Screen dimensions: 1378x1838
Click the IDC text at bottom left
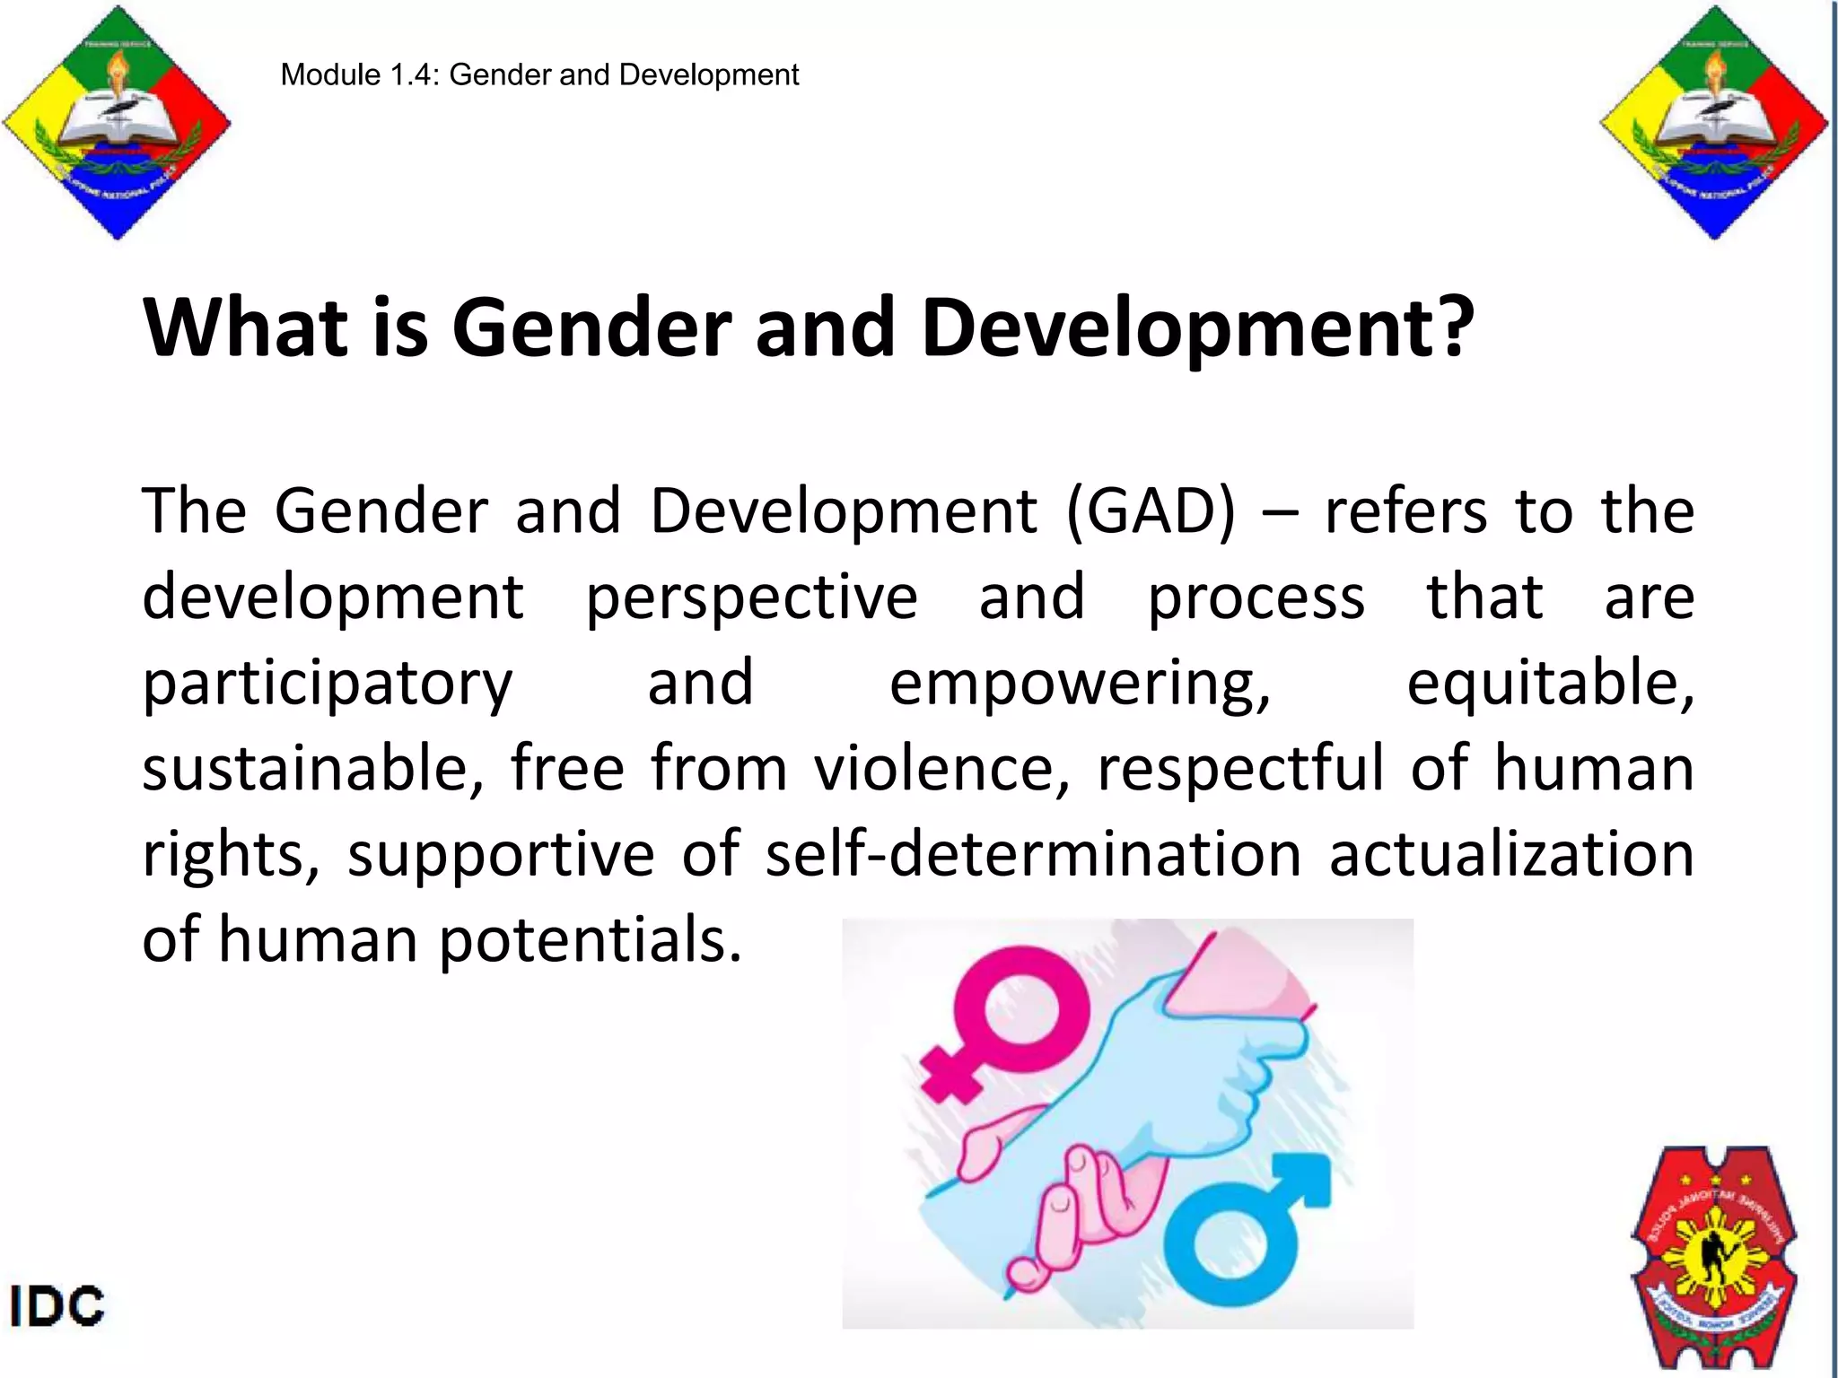pyautogui.click(x=57, y=1306)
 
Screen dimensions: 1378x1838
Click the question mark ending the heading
pyautogui.click(x=1454, y=327)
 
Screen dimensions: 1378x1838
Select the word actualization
pyautogui.click(x=1511, y=854)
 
